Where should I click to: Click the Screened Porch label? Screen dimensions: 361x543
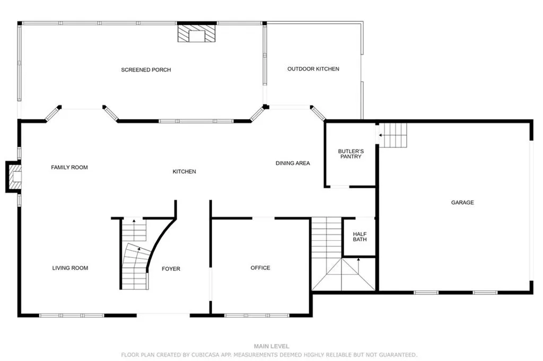coord(146,70)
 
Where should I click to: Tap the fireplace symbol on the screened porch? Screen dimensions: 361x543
coord(197,35)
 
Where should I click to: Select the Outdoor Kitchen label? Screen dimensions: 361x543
coord(313,69)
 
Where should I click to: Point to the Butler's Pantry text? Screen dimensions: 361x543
coord(351,154)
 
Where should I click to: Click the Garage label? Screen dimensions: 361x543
coord(462,202)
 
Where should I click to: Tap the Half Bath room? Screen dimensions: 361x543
coord(360,236)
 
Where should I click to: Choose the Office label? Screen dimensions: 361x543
coord(260,268)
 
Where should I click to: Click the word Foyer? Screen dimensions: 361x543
coord(171,269)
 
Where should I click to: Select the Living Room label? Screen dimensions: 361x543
coord(70,268)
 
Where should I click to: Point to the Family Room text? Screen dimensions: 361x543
coord(69,168)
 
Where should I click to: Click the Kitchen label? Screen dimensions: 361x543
coord(184,172)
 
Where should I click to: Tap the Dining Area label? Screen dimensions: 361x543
coord(292,163)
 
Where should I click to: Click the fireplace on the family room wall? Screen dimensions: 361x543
coord(14,177)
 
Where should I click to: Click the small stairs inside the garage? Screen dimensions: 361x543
coord(393,135)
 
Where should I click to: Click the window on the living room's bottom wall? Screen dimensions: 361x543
coord(72,315)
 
